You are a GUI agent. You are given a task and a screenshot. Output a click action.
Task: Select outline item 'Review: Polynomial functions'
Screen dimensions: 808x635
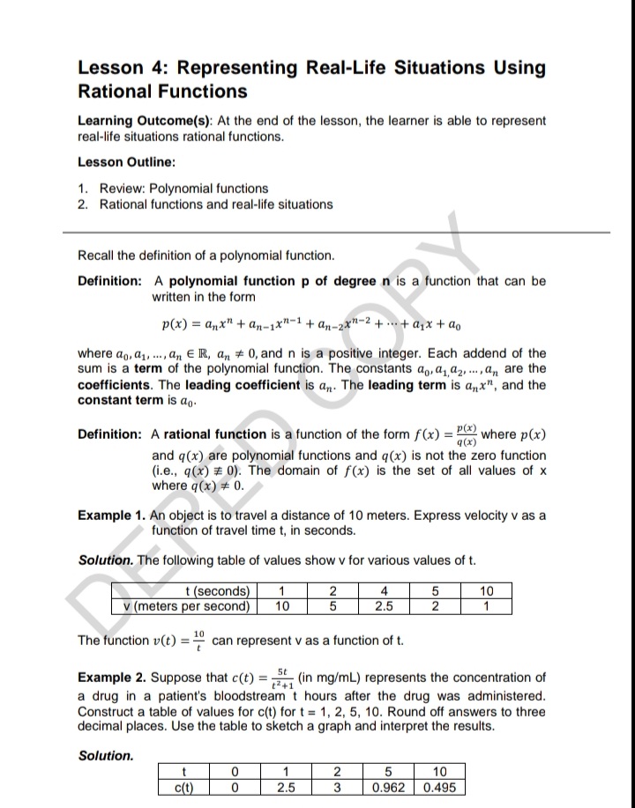coord(183,189)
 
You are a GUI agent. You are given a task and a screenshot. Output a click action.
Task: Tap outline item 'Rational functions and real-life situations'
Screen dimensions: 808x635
coord(216,204)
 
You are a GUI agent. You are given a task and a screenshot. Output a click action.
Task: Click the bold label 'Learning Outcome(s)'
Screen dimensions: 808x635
coord(140,121)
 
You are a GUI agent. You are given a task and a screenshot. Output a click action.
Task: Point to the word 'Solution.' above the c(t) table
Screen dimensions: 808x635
coord(106,755)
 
